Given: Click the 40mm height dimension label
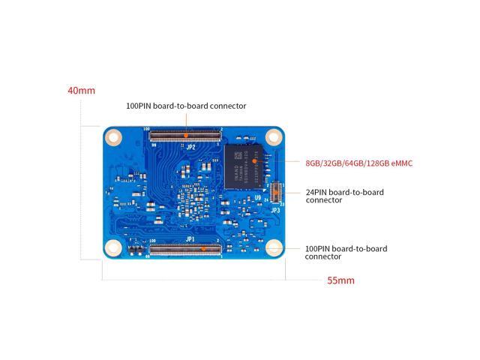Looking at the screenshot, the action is [x=81, y=91].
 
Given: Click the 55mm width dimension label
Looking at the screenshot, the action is [x=340, y=281].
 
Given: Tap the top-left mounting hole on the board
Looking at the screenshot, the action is [x=114, y=136].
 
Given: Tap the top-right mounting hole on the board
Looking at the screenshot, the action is [x=274, y=136].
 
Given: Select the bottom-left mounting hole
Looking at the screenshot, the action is [x=114, y=250].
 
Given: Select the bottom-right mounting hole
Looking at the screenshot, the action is [x=274, y=250].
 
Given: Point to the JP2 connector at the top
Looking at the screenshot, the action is [x=185, y=135].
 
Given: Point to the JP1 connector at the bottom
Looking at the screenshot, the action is [x=185, y=248].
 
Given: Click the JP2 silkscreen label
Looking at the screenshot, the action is [x=190, y=147].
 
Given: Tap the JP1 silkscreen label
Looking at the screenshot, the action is [x=190, y=238].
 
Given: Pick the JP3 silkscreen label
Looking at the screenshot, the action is [x=275, y=210].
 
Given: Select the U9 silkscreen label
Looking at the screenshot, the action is [x=258, y=198].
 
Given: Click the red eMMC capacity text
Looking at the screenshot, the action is [x=358, y=163].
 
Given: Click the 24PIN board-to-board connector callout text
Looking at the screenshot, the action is [x=344, y=196].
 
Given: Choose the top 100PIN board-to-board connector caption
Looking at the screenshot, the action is [x=186, y=106].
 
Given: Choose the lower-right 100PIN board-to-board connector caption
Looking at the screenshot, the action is [x=346, y=252].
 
